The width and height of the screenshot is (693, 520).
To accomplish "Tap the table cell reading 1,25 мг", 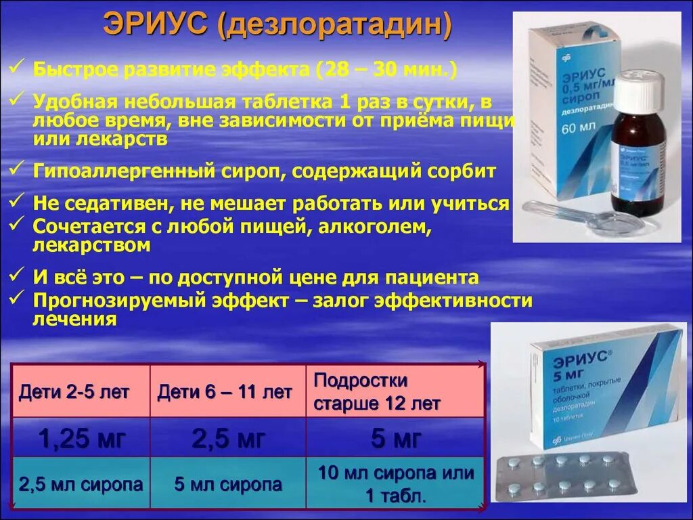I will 82,439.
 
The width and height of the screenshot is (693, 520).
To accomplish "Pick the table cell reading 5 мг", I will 396,439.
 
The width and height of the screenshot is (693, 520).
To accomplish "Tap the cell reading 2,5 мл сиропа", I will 81,484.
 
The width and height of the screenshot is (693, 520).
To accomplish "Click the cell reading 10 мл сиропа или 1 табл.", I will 396,484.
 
